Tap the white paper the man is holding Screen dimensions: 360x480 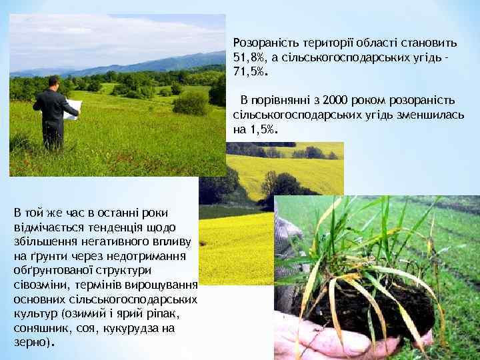point(72,107)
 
